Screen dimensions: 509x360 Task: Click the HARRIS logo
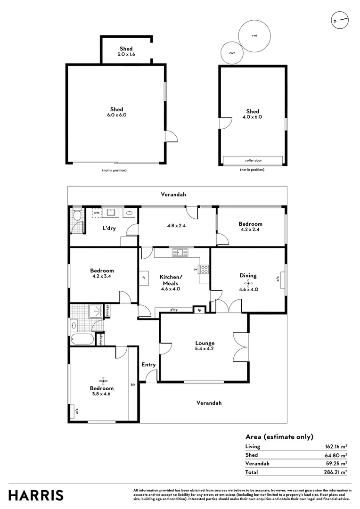pyautogui.click(x=36, y=495)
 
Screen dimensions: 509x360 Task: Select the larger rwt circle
pyautogui.click(x=254, y=36)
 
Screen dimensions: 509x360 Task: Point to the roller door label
pyautogui.click(x=254, y=160)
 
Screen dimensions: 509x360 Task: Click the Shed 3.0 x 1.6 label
pyautogui.click(x=126, y=51)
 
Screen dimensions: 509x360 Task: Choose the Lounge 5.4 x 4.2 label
pyautogui.click(x=205, y=346)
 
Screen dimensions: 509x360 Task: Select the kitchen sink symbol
pyautogui.click(x=180, y=253)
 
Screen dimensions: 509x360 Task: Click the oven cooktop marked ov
pyautogui.click(x=205, y=270)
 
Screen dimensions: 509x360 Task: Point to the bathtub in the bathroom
pyautogui.click(x=82, y=338)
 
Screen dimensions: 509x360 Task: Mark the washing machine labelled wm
pyautogui.click(x=97, y=213)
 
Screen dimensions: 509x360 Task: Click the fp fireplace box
pyautogui.click(x=199, y=310)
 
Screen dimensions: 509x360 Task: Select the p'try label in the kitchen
pyautogui.click(x=174, y=310)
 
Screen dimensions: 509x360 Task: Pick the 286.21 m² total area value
pyautogui.click(x=337, y=471)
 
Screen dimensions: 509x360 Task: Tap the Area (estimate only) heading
pyautogui.click(x=279, y=436)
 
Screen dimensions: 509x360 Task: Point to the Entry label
pyautogui.click(x=148, y=364)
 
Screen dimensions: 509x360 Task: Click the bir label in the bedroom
pyautogui.click(x=133, y=385)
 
